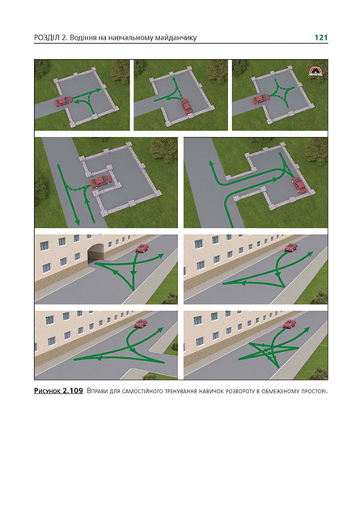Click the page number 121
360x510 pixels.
(x=320, y=37)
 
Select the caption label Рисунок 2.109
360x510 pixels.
(x=58, y=390)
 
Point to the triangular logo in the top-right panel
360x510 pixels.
(x=314, y=72)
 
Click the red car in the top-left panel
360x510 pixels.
(x=63, y=101)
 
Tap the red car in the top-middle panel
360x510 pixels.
(x=186, y=105)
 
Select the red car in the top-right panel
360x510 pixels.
(x=261, y=99)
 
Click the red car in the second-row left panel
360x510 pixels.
(x=100, y=181)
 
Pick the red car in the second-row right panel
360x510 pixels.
(x=299, y=185)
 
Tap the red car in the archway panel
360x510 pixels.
(x=142, y=248)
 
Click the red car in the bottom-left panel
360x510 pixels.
(x=141, y=323)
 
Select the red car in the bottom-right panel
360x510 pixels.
(x=290, y=323)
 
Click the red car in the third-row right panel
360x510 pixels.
(x=290, y=247)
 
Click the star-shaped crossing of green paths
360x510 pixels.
(x=269, y=351)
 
